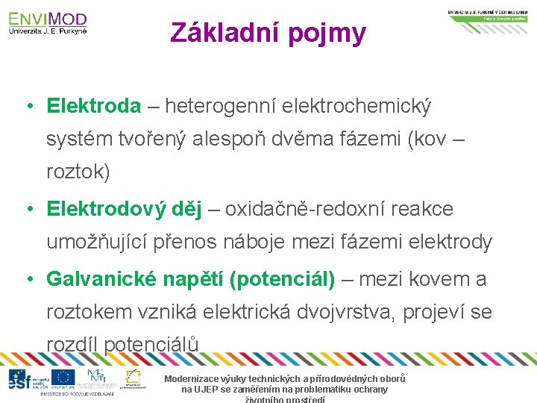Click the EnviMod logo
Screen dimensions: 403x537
point(48,22)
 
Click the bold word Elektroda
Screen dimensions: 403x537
point(93,107)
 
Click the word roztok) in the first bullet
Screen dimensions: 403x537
point(78,172)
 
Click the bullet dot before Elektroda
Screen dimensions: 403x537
point(28,107)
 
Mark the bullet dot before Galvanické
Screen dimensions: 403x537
point(28,279)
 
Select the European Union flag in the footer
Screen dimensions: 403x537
point(63,378)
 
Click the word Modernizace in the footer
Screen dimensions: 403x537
point(195,379)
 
